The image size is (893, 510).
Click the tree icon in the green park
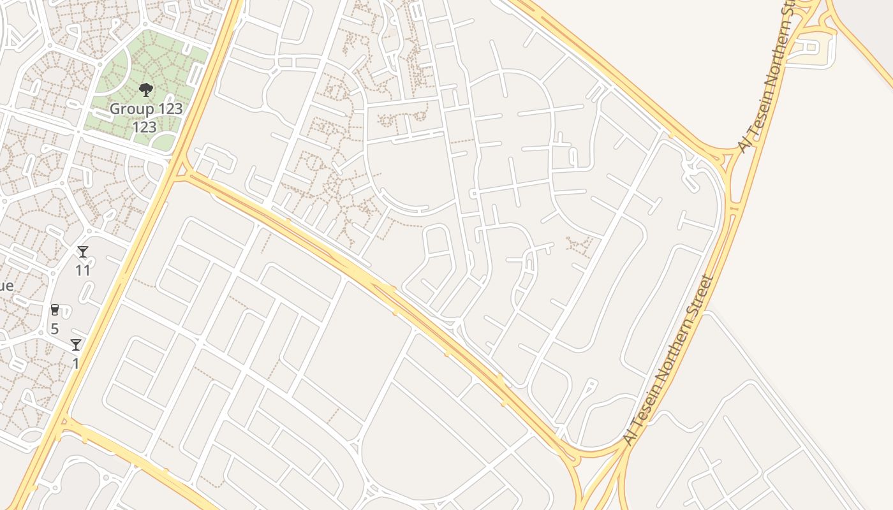coord(146,89)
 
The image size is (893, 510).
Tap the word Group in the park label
coord(132,108)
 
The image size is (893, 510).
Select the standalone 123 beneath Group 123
coord(145,127)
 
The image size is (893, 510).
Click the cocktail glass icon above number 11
coord(83,252)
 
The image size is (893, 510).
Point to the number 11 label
coord(83,270)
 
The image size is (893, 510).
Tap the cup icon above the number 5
coord(55,310)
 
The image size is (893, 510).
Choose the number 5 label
coord(54,329)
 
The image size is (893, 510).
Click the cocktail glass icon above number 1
coord(76,345)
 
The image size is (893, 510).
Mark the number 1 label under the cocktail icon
coord(75,363)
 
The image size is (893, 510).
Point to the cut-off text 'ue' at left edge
coord(6,286)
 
